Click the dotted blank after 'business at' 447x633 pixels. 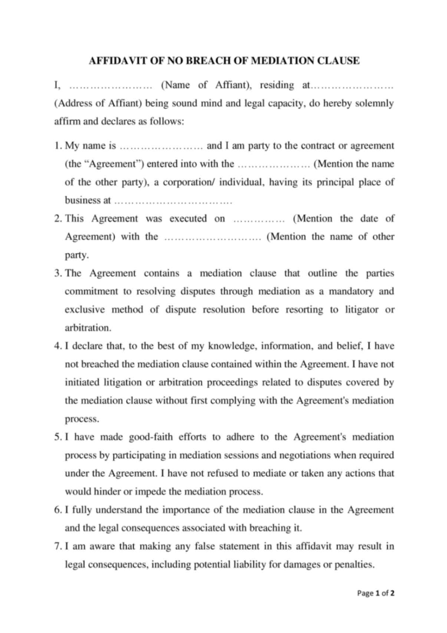pos(173,201)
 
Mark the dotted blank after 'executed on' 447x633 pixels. pos(259,219)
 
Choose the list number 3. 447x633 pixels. pos(57,273)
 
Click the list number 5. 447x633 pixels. pos(57,437)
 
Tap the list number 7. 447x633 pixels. pos(57,546)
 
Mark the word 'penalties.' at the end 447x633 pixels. pos(354,565)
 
